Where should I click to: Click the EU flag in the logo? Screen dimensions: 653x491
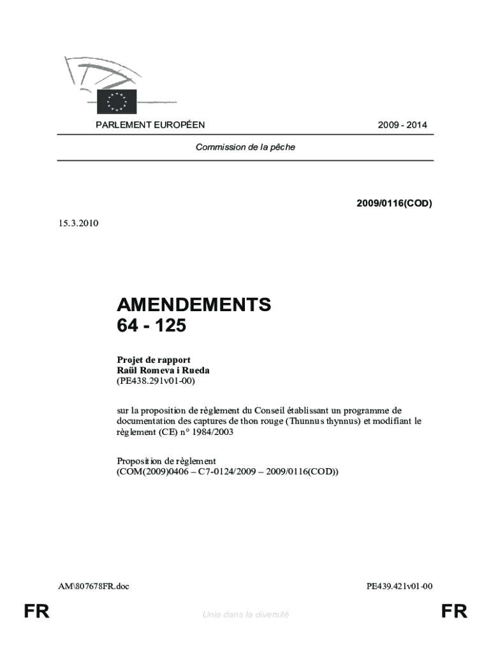tap(117, 101)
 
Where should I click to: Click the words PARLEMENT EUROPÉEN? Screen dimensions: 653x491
tap(150, 126)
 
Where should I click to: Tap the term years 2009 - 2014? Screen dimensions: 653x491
tap(402, 126)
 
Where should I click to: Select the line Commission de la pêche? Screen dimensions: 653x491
tap(246, 147)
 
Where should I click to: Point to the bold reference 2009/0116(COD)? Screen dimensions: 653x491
tap(394, 204)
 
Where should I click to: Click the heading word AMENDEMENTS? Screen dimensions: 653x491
tap(194, 305)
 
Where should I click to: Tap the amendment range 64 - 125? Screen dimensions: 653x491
tap(152, 326)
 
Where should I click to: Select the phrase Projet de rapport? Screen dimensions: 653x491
tap(154, 360)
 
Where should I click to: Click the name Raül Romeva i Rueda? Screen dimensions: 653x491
tap(163, 370)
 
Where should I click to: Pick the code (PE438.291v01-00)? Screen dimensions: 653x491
tap(156, 381)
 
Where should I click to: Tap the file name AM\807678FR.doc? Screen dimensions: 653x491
tap(93, 585)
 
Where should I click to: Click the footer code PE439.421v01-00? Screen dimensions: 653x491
tap(400, 585)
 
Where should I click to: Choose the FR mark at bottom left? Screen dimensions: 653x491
tap(36, 613)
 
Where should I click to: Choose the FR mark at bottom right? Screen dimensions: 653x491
tap(454, 613)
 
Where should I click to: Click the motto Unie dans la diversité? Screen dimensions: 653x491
tap(246, 614)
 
